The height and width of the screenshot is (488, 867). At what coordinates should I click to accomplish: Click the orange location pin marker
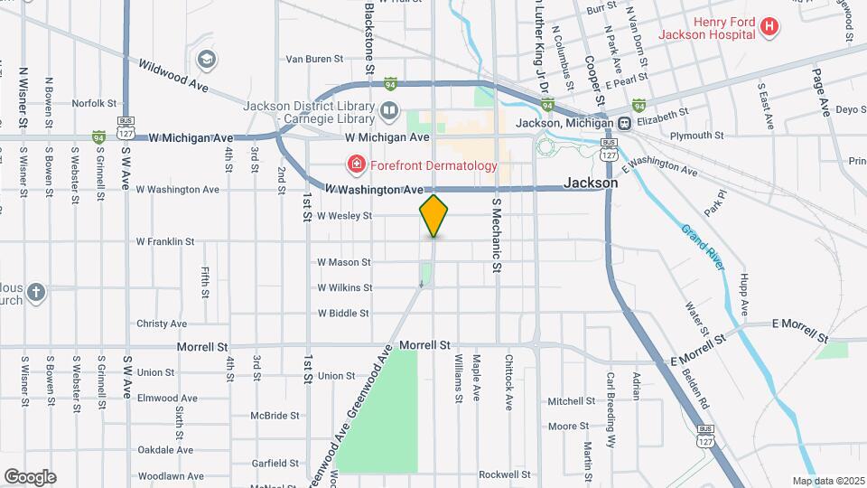(433, 216)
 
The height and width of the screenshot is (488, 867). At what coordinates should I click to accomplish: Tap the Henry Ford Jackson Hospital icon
(769, 27)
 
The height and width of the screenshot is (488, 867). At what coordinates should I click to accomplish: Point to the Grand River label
(704, 248)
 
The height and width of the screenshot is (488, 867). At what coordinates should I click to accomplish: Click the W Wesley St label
(344, 216)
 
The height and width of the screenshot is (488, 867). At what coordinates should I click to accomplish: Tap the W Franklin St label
(165, 241)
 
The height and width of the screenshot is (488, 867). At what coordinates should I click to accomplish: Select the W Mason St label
(344, 262)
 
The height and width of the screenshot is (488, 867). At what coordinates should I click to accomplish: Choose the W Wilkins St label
(344, 287)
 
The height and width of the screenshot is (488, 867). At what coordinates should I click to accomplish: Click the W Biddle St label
(344, 314)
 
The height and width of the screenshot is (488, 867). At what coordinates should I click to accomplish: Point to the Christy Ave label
(162, 324)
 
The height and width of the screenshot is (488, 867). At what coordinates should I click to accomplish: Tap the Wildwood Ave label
(173, 74)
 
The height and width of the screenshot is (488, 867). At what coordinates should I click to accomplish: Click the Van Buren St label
(314, 59)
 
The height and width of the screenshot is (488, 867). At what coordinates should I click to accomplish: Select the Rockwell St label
(504, 474)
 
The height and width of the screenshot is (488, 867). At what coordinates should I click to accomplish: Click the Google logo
(30, 476)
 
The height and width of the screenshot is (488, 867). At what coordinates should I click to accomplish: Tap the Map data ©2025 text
(827, 481)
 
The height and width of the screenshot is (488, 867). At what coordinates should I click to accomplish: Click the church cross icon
(35, 292)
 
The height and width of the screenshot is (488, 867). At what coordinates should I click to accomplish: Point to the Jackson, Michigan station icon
(624, 123)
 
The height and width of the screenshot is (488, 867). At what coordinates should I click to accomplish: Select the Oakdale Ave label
(165, 449)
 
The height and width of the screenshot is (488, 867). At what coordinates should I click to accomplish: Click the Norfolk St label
(95, 103)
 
